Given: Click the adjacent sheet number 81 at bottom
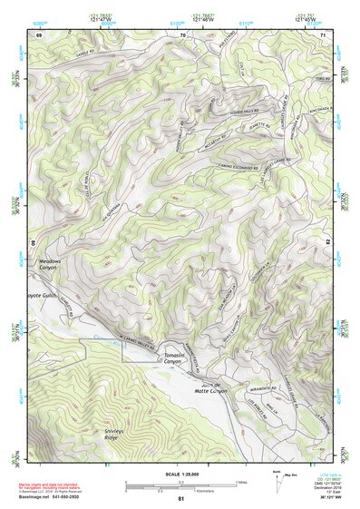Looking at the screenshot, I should pyautogui.click(x=181, y=499).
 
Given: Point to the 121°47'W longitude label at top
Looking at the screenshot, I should pyautogui.click(x=102, y=17).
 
